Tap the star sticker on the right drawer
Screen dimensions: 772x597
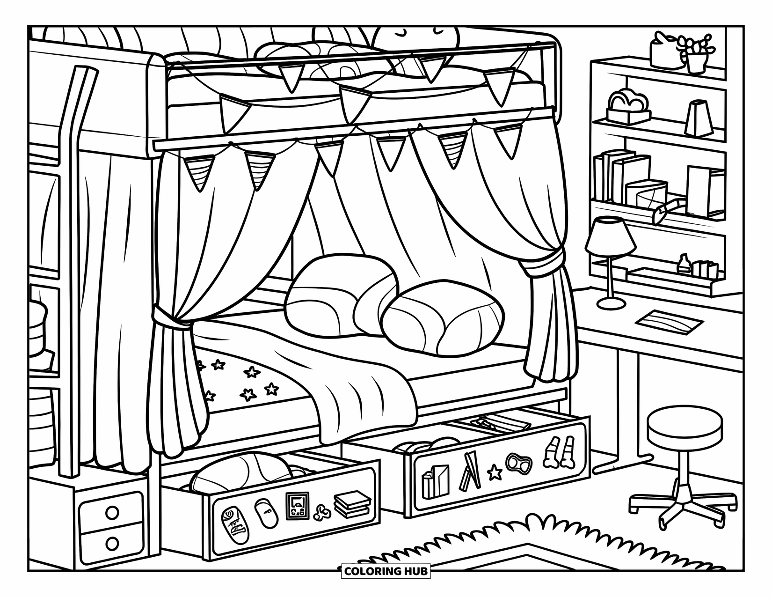(x=494, y=473)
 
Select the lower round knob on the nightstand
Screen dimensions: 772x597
(x=112, y=543)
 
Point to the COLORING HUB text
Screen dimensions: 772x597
(x=386, y=571)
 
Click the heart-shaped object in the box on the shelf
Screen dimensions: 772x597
(x=628, y=101)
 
